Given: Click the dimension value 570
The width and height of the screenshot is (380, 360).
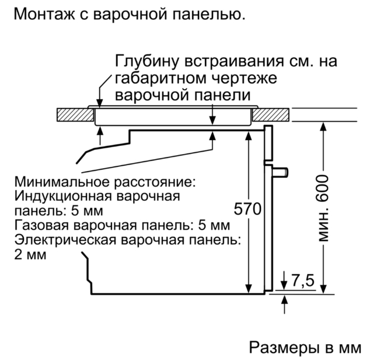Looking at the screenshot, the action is coord(247,209).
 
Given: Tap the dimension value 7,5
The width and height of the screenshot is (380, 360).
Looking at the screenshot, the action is coord(302,280).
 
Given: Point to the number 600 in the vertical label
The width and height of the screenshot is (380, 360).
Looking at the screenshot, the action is coord(322,189).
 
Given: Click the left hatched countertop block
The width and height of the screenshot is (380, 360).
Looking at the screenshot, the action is coord(75,114).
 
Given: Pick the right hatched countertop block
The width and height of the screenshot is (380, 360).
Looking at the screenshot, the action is coord(271,114).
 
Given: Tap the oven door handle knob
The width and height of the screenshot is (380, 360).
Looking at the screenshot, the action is coord(280,172).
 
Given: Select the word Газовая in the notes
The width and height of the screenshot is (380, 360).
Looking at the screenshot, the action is coord(42,225).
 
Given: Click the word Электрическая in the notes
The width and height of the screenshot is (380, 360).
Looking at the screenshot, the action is coord(65,240).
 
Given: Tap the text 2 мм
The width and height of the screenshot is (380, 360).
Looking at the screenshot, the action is coord(30,254).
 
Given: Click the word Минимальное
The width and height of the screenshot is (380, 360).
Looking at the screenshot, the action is coord(62,181).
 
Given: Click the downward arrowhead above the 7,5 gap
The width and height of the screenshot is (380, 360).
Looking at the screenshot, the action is coord(284,285).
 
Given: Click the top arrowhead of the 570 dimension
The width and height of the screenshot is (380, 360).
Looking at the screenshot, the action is coord(249,136).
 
